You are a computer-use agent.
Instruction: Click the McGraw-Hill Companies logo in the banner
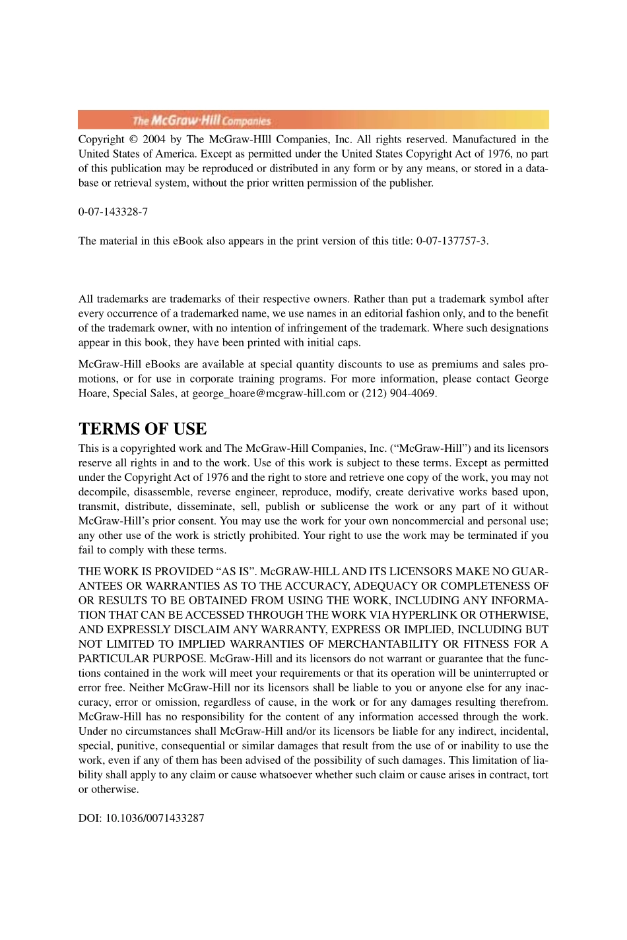point(201,120)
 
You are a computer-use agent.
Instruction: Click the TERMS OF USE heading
point(143,429)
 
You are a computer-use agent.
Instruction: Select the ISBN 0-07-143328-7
point(113,212)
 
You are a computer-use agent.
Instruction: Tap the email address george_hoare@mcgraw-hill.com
point(269,393)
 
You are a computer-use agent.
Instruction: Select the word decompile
point(103,492)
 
